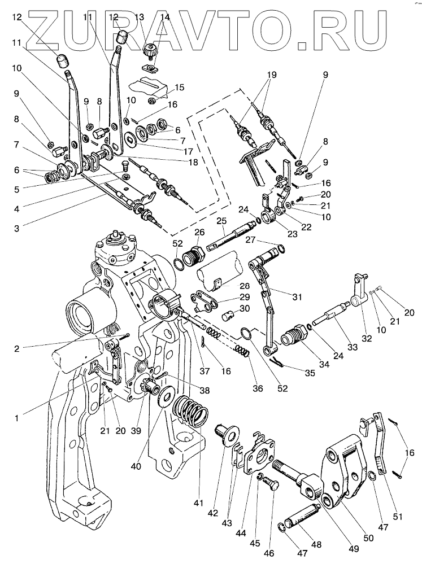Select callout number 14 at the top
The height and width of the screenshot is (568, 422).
coord(165,16)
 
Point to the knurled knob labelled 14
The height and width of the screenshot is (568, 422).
coord(150,50)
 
